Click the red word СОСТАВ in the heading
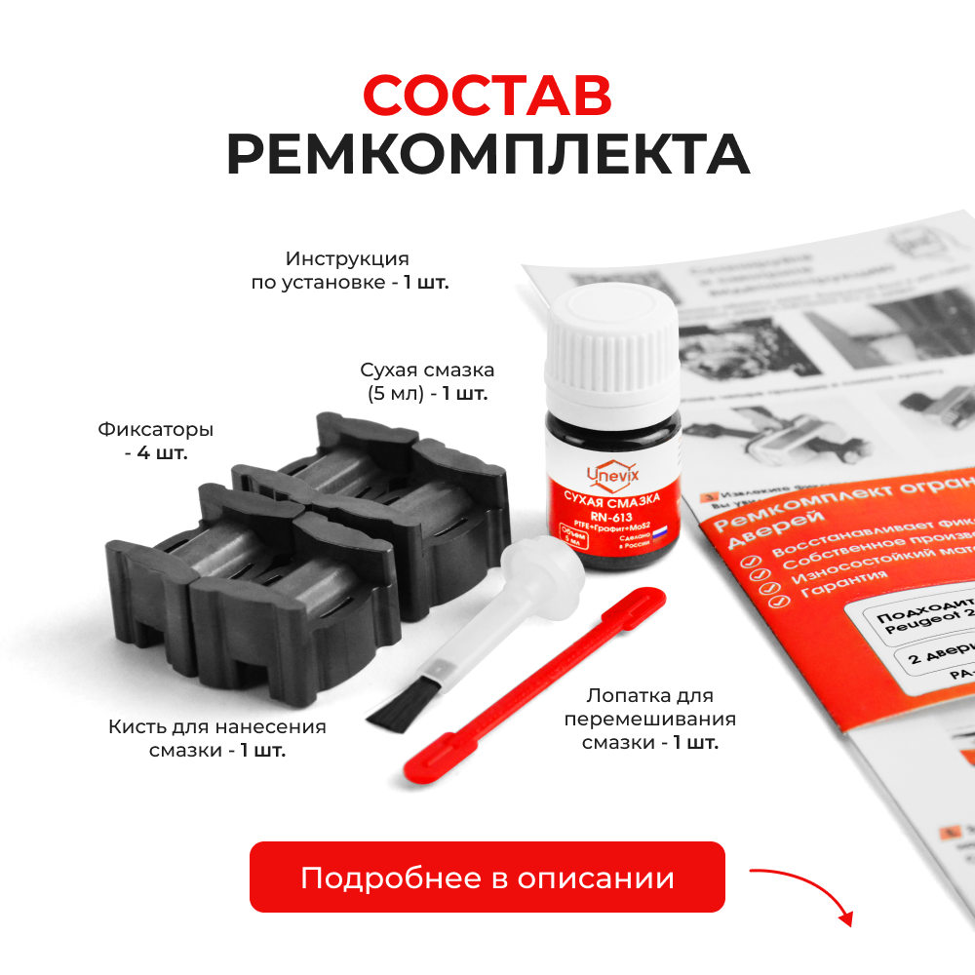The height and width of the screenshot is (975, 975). [x=487, y=95]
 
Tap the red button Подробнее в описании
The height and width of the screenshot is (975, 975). [x=487, y=877]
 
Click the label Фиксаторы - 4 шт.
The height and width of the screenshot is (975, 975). [x=155, y=441]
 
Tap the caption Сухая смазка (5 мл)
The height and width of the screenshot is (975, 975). [x=426, y=381]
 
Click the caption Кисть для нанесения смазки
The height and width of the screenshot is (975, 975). [x=217, y=738]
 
